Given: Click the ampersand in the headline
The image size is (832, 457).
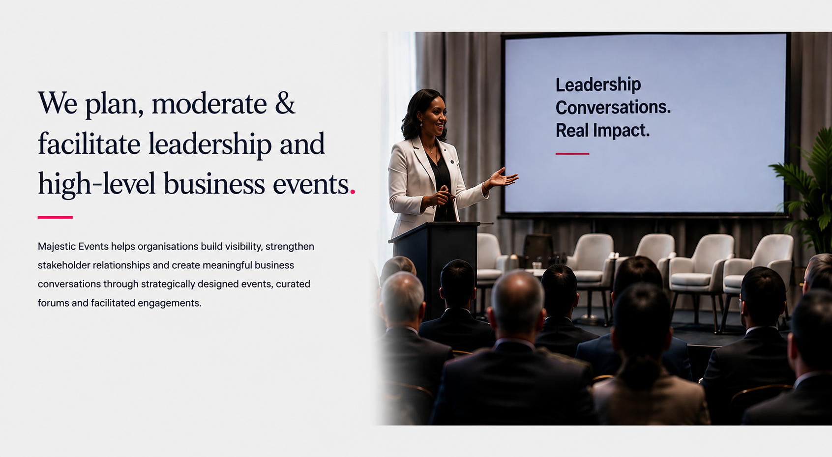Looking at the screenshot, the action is (x=285, y=103).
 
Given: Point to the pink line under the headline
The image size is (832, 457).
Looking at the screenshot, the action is (x=55, y=217).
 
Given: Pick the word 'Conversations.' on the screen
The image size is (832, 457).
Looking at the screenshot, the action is (x=613, y=107).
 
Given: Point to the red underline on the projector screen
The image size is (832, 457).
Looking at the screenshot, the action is (x=572, y=153).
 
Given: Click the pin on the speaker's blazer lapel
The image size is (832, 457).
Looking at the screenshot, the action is (x=452, y=162).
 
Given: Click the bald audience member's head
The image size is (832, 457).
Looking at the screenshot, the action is (x=518, y=301).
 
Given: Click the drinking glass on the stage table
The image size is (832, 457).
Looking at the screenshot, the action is (x=536, y=265).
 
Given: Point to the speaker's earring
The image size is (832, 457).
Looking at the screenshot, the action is (x=421, y=124).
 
